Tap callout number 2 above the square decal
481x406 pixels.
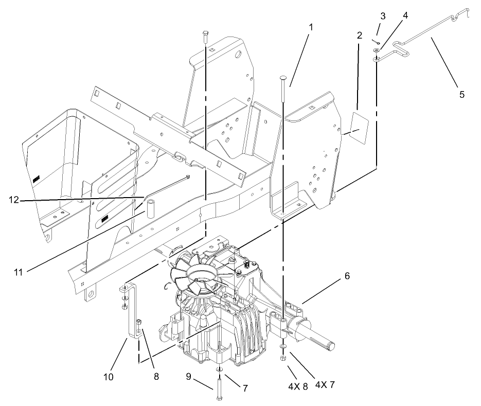coord(359,36)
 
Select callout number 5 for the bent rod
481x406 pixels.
coord(461,94)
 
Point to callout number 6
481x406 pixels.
coord(347,276)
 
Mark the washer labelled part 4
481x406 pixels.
coord(377,50)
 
